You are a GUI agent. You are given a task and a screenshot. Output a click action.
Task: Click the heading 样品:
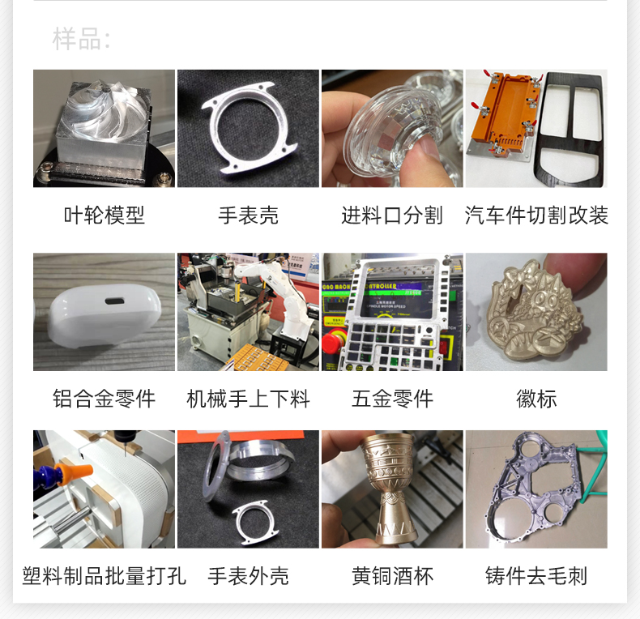pyautogui.click(x=81, y=39)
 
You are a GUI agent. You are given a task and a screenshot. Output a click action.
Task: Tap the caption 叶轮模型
pyautogui.click(x=104, y=216)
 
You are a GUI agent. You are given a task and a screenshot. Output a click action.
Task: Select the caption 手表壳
pyautogui.click(x=248, y=216)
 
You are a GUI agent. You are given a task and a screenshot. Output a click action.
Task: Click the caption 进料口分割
pyautogui.click(x=392, y=216)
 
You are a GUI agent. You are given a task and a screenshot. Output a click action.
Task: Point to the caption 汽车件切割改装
pyautogui.click(x=536, y=216)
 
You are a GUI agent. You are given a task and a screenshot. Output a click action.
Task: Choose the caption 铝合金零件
pyautogui.click(x=104, y=399)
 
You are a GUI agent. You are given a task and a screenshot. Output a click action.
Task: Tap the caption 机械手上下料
pyautogui.click(x=248, y=399)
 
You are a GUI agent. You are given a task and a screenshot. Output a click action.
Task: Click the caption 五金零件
pyautogui.click(x=392, y=399)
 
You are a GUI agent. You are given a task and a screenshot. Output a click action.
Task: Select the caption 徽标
pyautogui.click(x=536, y=399)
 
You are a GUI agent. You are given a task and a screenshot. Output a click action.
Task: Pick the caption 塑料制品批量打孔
pyautogui.click(x=104, y=576)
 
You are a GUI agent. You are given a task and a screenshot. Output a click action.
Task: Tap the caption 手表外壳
pyautogui.click(x=248, y=576)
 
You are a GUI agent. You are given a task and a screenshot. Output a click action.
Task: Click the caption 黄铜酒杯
pyautogui.click(x=392, y=576)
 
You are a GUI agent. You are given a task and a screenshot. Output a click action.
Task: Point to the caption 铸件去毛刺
pyautogui.click(x=536, y=576)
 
